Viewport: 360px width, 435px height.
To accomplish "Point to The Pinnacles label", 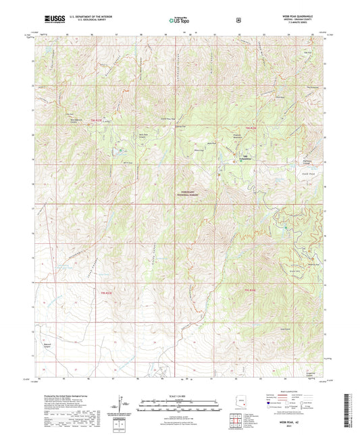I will point(312,88).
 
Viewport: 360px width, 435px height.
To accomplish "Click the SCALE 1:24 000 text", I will point(180,395).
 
